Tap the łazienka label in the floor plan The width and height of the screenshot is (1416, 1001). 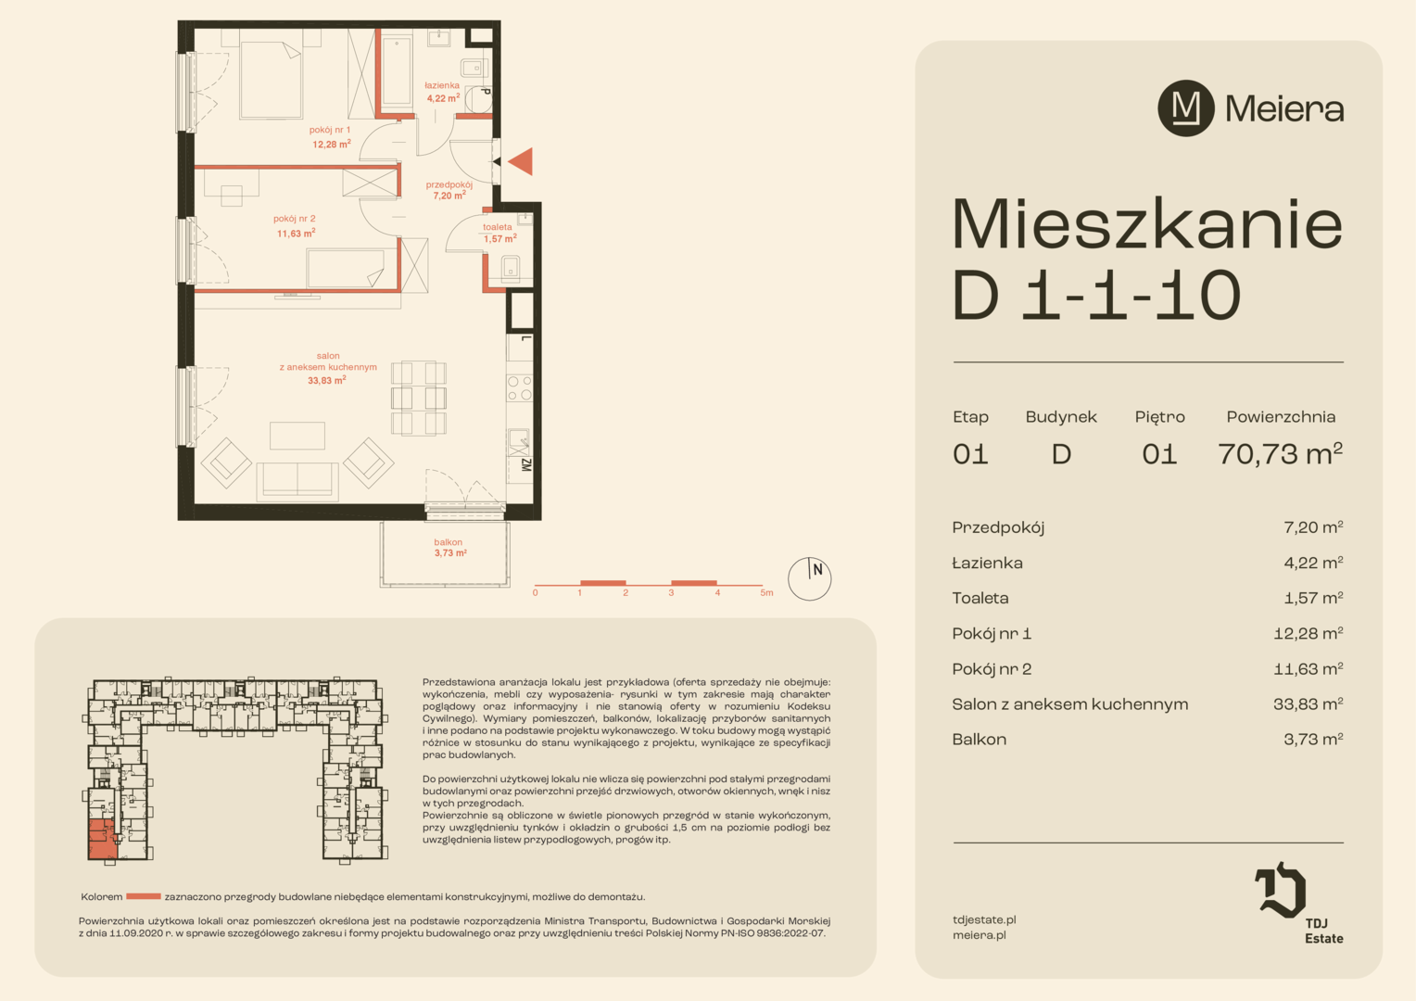[442, 85]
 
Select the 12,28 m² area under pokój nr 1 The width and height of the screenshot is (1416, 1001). [331, 145]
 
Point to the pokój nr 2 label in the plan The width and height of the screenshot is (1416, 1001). [294, 219]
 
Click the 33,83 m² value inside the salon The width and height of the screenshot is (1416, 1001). [327, 380]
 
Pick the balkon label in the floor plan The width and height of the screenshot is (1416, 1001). [449, 542]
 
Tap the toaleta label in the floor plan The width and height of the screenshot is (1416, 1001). [498, 227]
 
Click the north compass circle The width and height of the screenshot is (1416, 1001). [809, 578]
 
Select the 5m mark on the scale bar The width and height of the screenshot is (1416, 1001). [766, 593]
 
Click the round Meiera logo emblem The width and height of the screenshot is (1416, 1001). [1186, 108]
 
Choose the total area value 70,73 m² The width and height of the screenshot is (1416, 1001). [1280, 453]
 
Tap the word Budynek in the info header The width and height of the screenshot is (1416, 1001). [1061, 417]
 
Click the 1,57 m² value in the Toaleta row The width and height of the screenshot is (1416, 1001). [1313, 598]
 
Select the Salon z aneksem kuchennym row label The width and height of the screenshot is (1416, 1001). [1070, 703]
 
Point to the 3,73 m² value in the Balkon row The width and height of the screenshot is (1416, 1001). [1313, 740]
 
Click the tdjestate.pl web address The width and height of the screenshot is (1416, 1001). [984, 920]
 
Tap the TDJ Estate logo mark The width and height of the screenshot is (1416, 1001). [1280, 890]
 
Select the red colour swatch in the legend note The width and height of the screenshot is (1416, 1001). [144, 896]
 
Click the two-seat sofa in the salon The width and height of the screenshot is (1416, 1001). [297, 481]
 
